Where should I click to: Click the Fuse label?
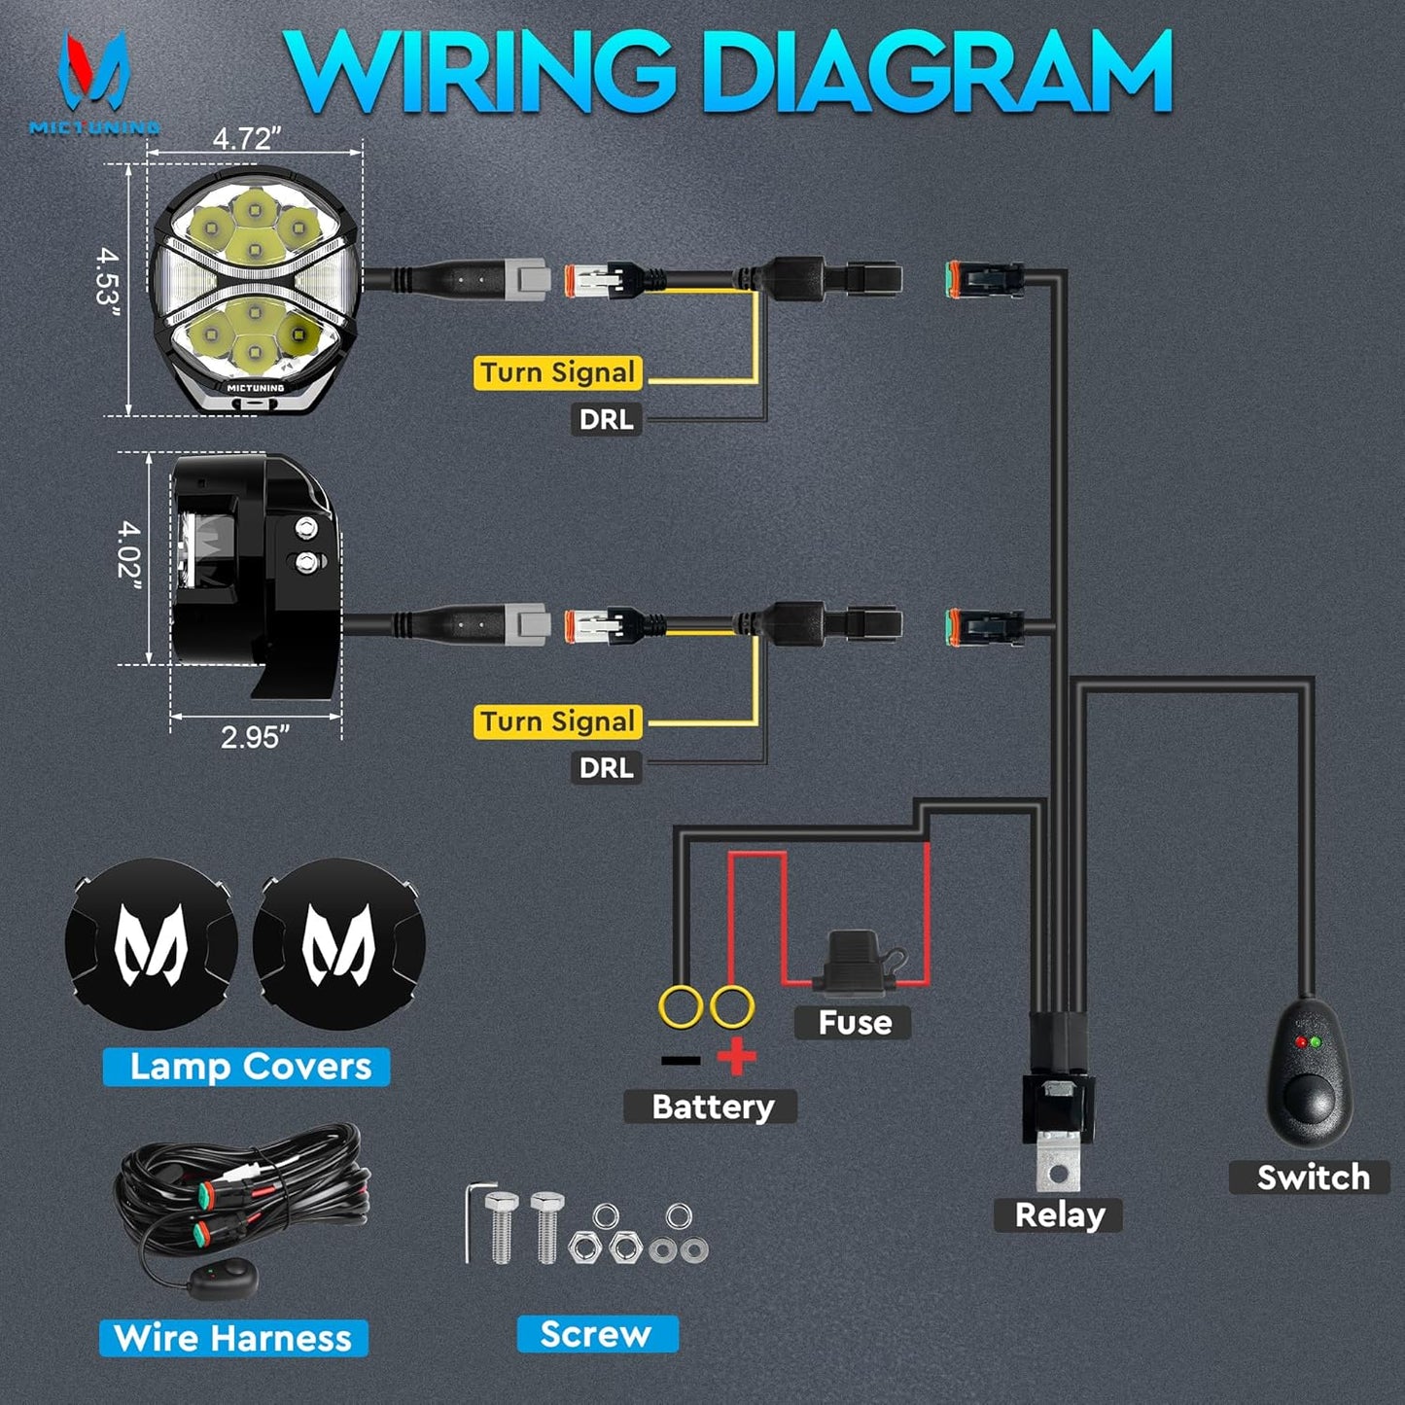pos(854,1023)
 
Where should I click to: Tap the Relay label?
pos(1059,1215)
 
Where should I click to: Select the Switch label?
pos(1312,1177)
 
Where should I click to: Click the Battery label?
pos(712,1106)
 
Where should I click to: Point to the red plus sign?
pos(737,1057)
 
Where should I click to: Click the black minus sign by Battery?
pos(681,1059)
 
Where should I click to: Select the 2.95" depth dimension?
pos(255,737)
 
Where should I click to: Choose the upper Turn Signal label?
pos(558,373)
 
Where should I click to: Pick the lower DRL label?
pos(606,768)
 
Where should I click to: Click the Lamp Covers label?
pos(249,1067)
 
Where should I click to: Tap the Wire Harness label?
pos(233,1338)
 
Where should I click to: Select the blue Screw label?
pos(595,1334)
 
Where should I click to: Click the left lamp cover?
pos(152,944)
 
